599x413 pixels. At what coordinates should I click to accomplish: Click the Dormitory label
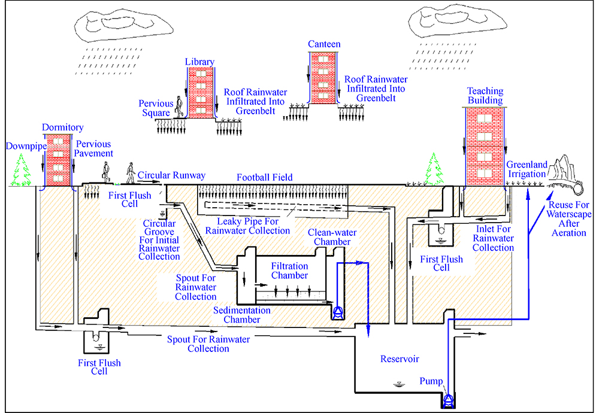pos(63,127)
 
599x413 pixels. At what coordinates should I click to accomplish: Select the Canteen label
pos(324,44)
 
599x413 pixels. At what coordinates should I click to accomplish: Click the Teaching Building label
pos(485,96)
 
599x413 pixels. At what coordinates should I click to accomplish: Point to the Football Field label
pos(264,177)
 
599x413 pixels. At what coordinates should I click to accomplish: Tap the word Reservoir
pos(400,359)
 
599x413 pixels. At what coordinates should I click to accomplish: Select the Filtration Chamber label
pos(289,271)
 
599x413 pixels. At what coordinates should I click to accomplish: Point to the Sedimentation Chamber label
pos(243,315)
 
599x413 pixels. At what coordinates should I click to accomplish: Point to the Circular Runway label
pos(171,175)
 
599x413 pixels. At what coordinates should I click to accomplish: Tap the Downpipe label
pos(23,146)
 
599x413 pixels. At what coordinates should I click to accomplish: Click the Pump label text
pos(431,381)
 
